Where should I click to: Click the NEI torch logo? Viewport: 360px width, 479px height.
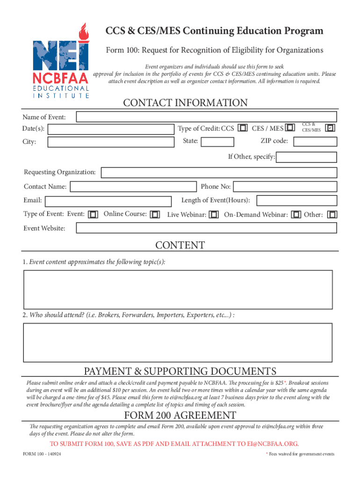pyautogui.click(x=61, y=61)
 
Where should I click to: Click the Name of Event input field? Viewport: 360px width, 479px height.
pyautogui.click(x=206, y=117)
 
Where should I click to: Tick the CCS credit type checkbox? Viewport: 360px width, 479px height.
pyautogui.click(x=243, y=128)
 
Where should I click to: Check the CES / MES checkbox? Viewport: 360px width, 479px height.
pyautogui.click(x=290, y=128)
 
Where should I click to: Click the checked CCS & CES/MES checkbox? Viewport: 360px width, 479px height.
pyautogui.click(x=331, y=127)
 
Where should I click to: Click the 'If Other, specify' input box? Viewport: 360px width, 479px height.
pyautogui.click(x=306, y=157)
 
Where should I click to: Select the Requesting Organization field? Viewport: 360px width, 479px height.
pyautogui.click(x=219, y=173)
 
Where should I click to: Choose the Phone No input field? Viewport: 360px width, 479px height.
pyautogui.click(x=285, y=187)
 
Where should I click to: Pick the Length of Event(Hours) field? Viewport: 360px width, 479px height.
pyautogui.click(x=296, y=201)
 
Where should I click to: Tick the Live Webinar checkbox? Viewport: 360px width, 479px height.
pyautogui.click(x=214, y=215)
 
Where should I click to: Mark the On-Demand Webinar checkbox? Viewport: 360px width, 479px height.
pyautogui.click(x=296, y=215)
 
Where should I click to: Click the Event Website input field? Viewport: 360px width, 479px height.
pyautogui.click(x=206, y=228)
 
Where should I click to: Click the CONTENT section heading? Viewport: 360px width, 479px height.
pyautogui.click(x=180, y=246)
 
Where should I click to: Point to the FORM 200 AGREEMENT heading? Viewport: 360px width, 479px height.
pyautogui.click(x=180, y=415)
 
